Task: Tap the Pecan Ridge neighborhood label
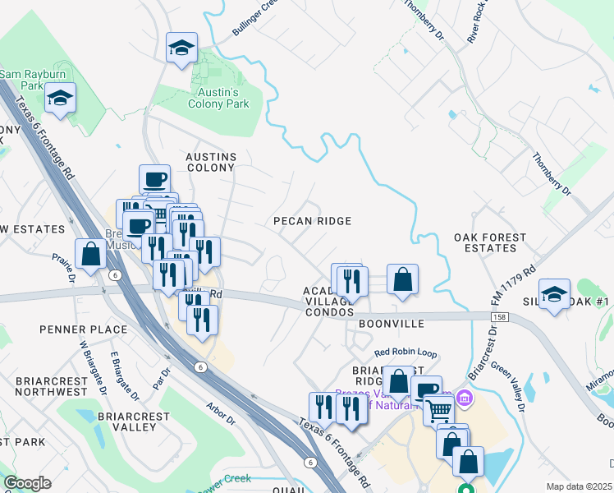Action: tap(312, 221)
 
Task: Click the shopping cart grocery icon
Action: tap(440, 408)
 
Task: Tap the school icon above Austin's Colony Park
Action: tap(182, 48)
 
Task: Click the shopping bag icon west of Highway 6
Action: tap(90, 254)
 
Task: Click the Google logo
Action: tap(27, 483)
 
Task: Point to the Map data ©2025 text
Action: tap(578, 486)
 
